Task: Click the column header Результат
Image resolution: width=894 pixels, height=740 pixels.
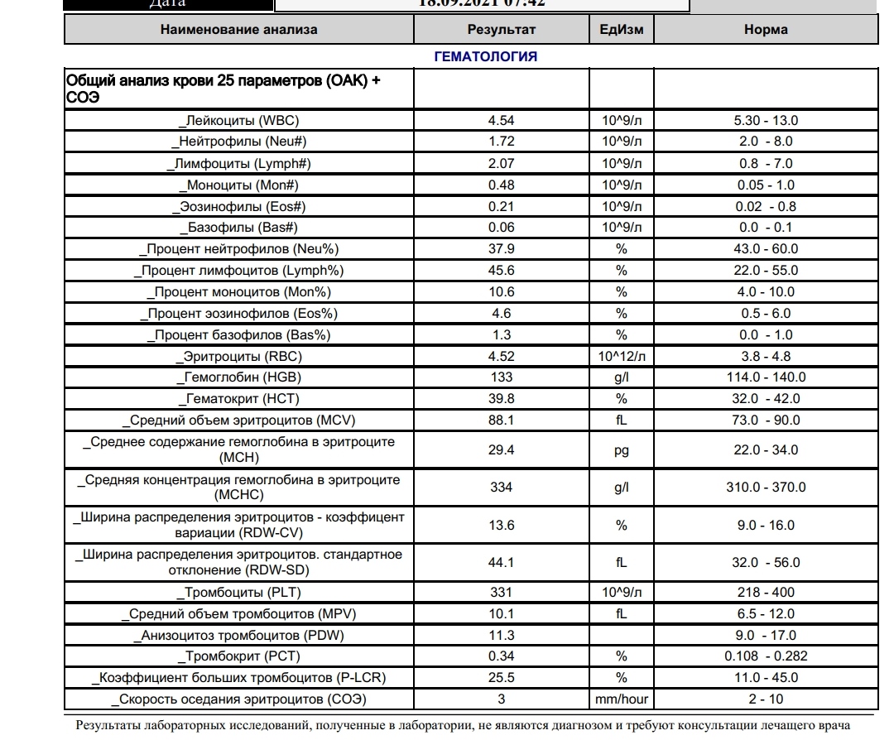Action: tap(502, 30)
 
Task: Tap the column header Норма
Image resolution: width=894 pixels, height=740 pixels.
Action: tap(766, 30)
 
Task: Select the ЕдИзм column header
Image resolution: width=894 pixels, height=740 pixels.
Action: tap(621, 30)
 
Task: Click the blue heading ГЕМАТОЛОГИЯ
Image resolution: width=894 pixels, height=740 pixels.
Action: tap(486, 57)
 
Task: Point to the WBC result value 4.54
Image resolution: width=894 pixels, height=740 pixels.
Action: tap(502, 120)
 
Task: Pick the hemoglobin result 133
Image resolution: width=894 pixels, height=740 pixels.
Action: tap(502, 377)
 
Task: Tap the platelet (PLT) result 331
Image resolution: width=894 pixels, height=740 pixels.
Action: tap(502, 592)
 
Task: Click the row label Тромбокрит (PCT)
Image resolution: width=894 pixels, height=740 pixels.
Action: tap(239, 656)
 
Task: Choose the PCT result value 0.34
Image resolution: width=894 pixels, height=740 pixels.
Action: tap(502, 656)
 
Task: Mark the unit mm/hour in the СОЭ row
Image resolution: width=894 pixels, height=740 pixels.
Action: tap(622, 699)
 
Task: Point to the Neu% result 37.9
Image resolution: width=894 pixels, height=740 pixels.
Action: tap(502, 249)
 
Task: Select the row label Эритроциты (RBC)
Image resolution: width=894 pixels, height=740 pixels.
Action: tap(239, 357)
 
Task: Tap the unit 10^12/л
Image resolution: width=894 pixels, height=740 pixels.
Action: tap(622, 357)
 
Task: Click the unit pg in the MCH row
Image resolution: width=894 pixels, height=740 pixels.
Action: tap(622, 449)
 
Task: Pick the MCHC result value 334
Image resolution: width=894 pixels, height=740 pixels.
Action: tap(502, 488)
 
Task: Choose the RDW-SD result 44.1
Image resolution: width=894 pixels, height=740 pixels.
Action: tap(502, 563)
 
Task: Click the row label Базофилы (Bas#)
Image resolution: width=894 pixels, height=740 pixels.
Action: tap(238, 228)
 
